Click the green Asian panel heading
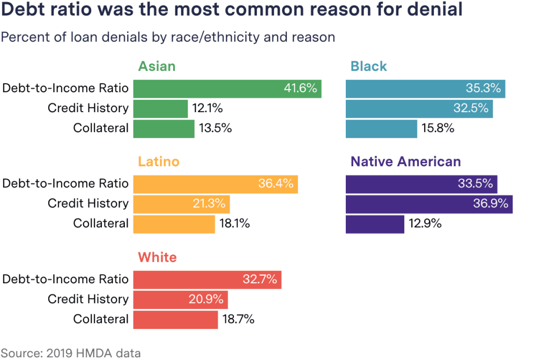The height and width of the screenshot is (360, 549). coord(157,67)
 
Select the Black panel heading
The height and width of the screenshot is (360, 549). coord(368,67)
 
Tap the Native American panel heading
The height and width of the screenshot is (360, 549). coord(405,162)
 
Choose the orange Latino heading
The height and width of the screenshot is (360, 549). coord(158,162)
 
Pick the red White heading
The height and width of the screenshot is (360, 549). coord(157,258)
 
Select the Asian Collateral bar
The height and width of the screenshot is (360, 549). coord(164,129)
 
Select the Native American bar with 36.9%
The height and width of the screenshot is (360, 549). coord(429,204)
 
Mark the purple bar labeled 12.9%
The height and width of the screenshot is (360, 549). coord(375,224)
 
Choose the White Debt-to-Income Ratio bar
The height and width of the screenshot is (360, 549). coord(207,280)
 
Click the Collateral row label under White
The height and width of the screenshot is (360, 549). coord(101,320)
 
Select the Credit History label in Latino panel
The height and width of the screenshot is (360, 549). coord(88,204)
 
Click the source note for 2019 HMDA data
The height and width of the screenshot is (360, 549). coord(71,353)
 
